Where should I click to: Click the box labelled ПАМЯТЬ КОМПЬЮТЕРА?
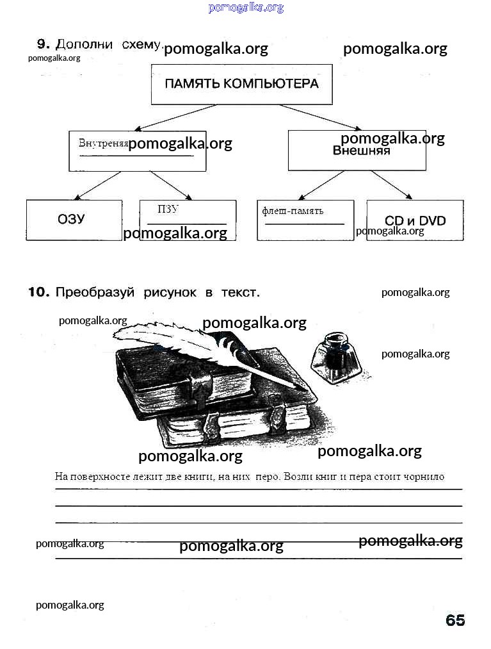click(x=241, y=84)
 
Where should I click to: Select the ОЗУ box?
click(x=72, y=220)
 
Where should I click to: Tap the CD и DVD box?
click(x=415, y=220)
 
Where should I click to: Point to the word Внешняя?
click(x=361, y=151)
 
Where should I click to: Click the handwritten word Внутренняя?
click(x=103, y=143)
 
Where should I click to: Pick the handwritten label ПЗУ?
click(x=168, y=209)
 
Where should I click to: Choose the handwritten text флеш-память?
click(x=293, y=211)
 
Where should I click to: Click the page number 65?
click(x=455, y=620)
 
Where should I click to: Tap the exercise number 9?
click(x=43, y=44)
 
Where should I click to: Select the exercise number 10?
click(x=38, y=292)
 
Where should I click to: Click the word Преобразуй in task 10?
click(x=95, y=292)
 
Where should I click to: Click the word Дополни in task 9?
click(x=85, y=44)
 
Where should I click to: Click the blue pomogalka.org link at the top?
click(x=246, y=8)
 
